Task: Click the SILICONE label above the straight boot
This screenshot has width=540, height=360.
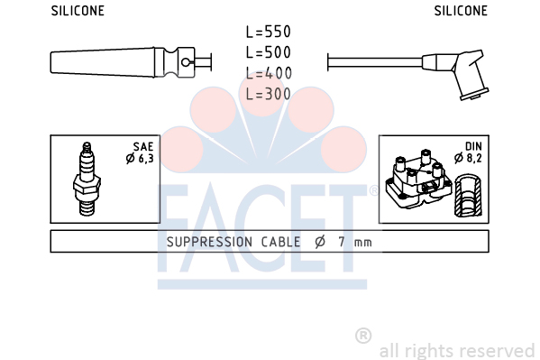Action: click(x=78, y=11)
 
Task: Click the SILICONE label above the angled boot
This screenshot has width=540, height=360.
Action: click(x=461, y=11)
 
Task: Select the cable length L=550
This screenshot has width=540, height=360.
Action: click(x=269, y=32)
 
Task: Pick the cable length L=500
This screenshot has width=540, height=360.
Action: click(x=269, y=52)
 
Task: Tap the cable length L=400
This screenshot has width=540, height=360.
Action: click(x=269, y=73)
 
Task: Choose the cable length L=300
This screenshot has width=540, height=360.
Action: click(x=269, y=94)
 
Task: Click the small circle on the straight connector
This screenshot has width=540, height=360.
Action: click(x=186, y=62)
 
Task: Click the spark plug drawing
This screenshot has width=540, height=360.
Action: click(x=87, y=179)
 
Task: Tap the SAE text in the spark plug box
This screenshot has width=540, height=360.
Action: click(x=143, y=147)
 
